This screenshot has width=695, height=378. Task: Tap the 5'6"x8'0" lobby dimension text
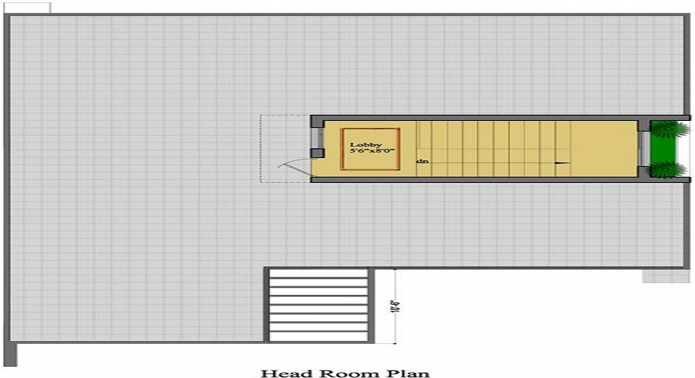click(371, 152)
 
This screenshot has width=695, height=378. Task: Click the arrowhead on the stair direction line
click(561, 162)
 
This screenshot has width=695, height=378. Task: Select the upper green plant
click(666, 129)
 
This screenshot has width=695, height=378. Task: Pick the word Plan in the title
click(409, 372)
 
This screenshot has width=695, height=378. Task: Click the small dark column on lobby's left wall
click(317, 153)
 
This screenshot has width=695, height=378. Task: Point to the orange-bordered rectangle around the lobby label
click(370, 148)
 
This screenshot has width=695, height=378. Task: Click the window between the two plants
click(644, 149)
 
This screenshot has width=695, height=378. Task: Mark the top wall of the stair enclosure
click(483, 118)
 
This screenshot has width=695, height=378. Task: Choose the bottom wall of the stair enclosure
click(483, 180)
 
